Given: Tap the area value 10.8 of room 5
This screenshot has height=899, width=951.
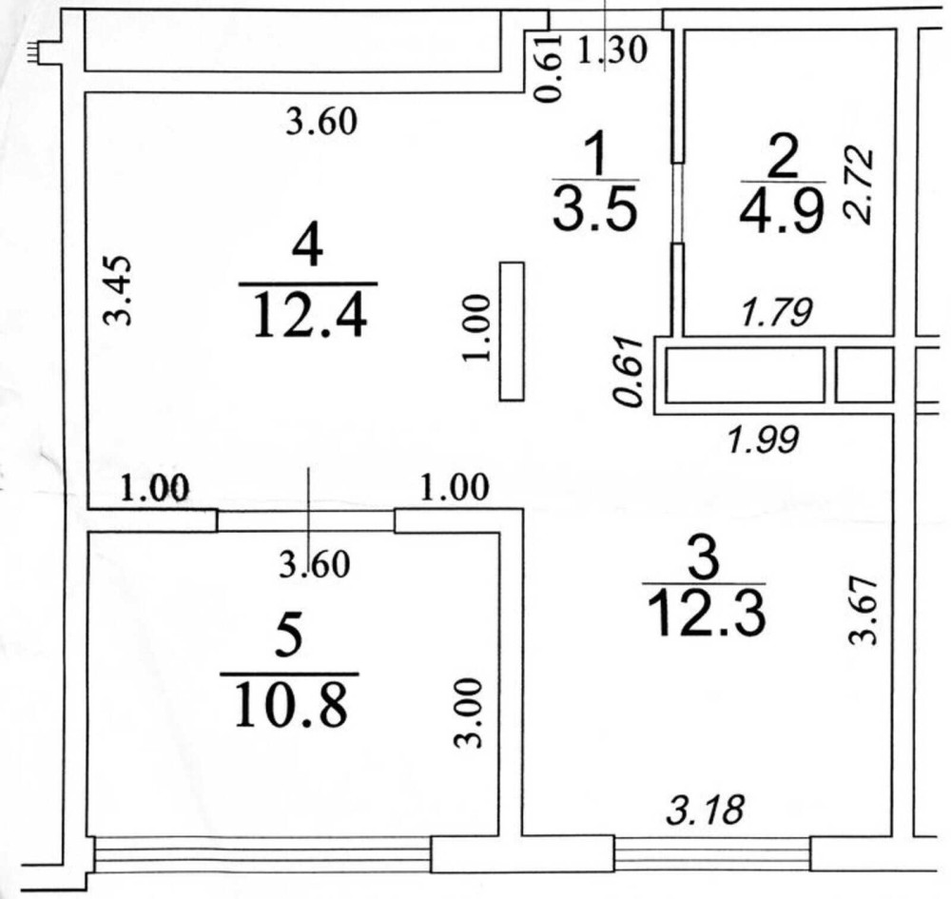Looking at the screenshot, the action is click(291, 704).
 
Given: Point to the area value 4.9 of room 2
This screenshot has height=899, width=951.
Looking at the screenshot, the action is click(783, 210).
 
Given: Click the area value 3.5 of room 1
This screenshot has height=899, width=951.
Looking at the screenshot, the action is click(595, 208).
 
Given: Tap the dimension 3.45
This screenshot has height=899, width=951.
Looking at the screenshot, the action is click(117, 290).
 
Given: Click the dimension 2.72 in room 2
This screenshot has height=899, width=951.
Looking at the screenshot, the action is click(860, 185).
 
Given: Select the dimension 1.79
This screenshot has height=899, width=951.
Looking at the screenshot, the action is click(777, 314).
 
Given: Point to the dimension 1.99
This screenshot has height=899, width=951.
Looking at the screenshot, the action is click(764, 440).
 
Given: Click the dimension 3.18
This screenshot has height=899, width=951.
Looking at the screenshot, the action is click(706, 810).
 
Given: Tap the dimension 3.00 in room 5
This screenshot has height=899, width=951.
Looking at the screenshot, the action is click(469, 713).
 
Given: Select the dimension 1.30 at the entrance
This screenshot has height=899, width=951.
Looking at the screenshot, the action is click(611, 49).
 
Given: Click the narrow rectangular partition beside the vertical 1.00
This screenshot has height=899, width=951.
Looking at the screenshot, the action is click(512, 331).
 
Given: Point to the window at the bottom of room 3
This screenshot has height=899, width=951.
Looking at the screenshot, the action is click(712, 853).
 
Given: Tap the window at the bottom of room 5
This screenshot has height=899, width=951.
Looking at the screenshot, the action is click(262, 854).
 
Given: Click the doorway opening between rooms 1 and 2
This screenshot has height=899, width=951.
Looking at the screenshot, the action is click(678, 203).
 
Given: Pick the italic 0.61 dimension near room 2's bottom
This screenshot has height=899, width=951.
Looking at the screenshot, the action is click(628, 371).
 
